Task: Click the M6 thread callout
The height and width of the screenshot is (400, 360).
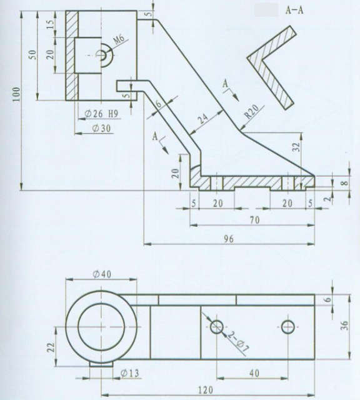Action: [120, 41]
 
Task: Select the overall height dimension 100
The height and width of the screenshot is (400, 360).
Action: [17, 94]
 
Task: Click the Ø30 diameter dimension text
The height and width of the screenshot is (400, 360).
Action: [101, 128]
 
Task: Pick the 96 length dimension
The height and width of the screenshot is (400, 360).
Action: [229, 239]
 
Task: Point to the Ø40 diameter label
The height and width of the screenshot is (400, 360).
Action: [101, 274]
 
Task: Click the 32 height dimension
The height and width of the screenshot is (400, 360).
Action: [296, 147]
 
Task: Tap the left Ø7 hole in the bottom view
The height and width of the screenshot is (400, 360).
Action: [217, 326]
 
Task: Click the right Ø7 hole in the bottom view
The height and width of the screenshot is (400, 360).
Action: [288, 326]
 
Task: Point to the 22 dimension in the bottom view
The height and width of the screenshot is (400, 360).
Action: [51, 345]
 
